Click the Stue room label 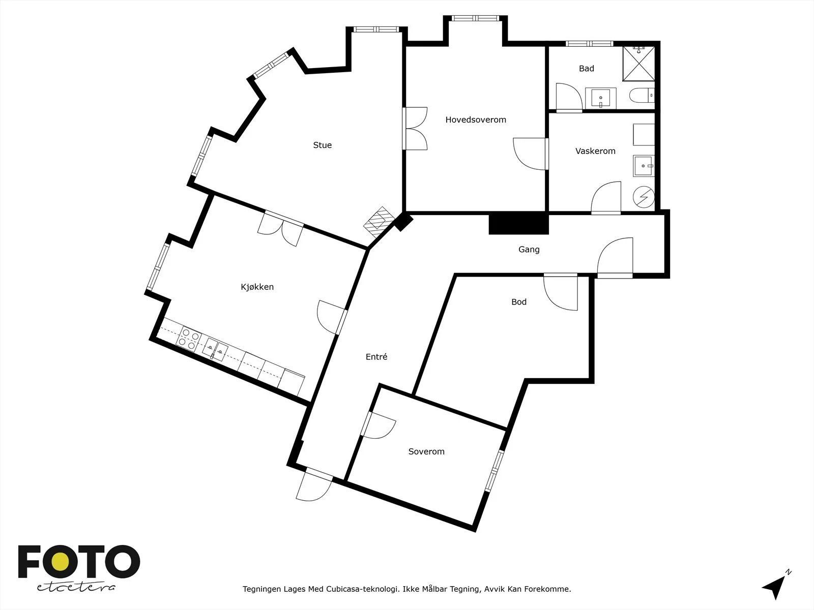pos(322,145)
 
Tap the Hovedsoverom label pos(476,119)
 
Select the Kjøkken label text pos(257,287)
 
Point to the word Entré pos(376,357)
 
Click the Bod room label pos(519,302)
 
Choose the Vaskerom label pos(595,151)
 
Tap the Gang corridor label pos(529,250)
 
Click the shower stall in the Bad pos(638,64)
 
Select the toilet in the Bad pos(642,95)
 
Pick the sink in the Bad pos(600,99)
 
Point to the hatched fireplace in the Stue pos(379,222)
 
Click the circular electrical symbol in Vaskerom pos(644,197)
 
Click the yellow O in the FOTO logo pos(60,562)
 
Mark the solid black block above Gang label pos(518,224)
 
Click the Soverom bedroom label pos(426,451)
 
